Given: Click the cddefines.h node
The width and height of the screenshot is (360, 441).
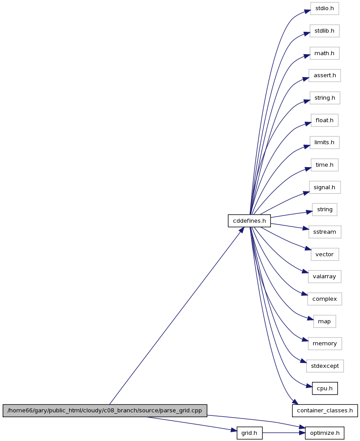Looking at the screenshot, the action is [249, 221].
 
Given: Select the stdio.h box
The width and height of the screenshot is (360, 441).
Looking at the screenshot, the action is [325, 8].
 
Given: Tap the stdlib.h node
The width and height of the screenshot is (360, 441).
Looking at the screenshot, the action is [325, 31].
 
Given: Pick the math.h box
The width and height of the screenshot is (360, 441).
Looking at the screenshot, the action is [325, 53].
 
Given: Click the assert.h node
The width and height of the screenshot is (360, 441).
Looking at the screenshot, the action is [325, 75].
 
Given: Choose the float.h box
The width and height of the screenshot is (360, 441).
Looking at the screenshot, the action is [325, 120].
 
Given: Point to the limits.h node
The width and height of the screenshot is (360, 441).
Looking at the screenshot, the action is [325, 142].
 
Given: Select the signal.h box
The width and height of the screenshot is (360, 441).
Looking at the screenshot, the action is [325, 187].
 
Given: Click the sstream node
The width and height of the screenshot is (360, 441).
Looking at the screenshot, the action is [325, 232].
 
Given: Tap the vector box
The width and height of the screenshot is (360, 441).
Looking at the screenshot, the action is [325, 254].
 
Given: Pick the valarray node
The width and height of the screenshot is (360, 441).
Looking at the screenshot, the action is [325, 277].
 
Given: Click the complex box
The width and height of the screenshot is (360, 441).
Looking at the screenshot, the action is [325, 299].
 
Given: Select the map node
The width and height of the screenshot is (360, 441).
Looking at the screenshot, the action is [325, 321].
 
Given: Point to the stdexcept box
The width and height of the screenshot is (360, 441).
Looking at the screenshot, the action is [325, 366].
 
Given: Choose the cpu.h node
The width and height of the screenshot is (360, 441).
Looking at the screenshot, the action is [325, 389].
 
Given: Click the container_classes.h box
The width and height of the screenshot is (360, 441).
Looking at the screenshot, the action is [325, 411].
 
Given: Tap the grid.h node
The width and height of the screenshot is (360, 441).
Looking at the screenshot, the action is [249, 433].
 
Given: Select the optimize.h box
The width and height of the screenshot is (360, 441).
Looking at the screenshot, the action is [325, 433].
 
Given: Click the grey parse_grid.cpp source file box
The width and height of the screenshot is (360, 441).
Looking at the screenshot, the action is [105, 411].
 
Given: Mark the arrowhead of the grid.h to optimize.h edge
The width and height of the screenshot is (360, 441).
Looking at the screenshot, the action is [303, 433].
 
